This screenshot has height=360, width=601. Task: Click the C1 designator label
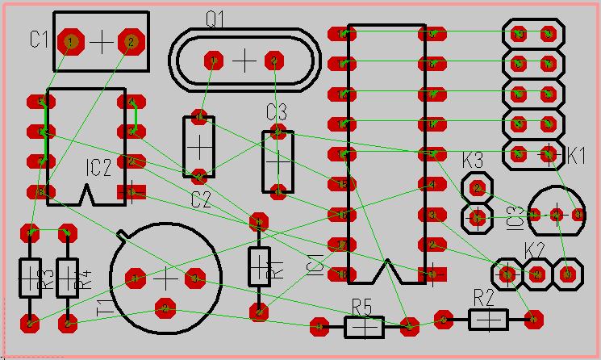click(40, 38)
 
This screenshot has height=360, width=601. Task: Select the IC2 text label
click(98, 168)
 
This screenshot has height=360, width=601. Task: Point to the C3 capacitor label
click(277, 111)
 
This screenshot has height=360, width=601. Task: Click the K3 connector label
click(473, 159)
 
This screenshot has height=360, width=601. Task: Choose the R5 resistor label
click(362, 306)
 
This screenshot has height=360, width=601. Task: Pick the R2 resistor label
click(483, 296)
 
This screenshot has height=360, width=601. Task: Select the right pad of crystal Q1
click(275, 61)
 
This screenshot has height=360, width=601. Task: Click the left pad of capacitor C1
click(70, 41)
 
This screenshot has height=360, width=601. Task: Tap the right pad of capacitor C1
click(131, 41)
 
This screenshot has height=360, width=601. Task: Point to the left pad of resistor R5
click(319, 327)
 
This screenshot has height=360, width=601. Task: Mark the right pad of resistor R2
click(532, 319)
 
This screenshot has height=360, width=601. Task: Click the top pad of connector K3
click(478, 188)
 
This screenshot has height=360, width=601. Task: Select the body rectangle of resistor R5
click(365, 327)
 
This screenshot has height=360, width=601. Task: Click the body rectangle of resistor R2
click(488, 320)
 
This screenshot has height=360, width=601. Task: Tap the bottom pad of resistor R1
click(259, 311)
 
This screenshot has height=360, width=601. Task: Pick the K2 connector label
click(536, 249)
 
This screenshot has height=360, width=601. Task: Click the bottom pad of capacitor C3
click(278, 191)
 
